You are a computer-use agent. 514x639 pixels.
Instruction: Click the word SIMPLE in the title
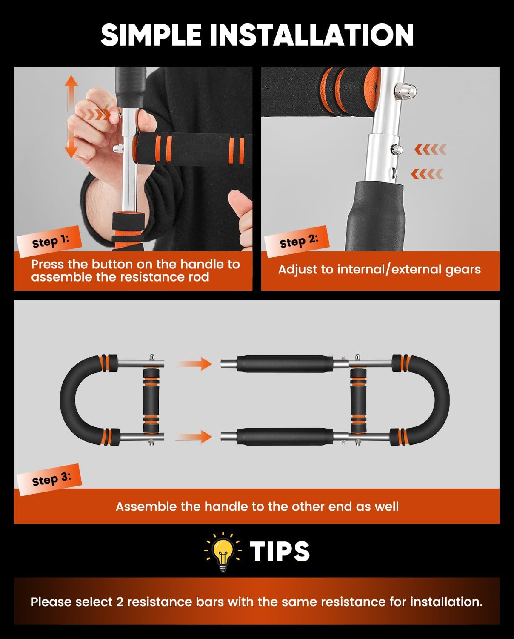(151, 35)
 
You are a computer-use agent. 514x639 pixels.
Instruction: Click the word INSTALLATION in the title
(311, 35)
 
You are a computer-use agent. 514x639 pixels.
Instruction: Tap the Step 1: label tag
(49, 242)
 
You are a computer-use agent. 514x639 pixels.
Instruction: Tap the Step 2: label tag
(297, 242)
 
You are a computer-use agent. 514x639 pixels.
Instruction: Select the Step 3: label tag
(49, 480)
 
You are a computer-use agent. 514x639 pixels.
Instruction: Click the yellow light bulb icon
(223, 552)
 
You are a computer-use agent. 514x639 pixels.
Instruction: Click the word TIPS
(280, 551)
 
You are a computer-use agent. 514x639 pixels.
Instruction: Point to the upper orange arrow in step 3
(194, 363)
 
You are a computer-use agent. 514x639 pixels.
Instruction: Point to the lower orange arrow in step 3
(194, 437)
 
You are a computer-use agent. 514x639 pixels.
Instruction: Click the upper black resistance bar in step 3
(285, 363)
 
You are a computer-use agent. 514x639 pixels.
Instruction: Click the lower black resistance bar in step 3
(285, 437)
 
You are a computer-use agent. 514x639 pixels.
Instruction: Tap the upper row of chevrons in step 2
(430, 149)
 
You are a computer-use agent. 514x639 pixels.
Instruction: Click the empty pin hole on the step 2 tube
(393, 172)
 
